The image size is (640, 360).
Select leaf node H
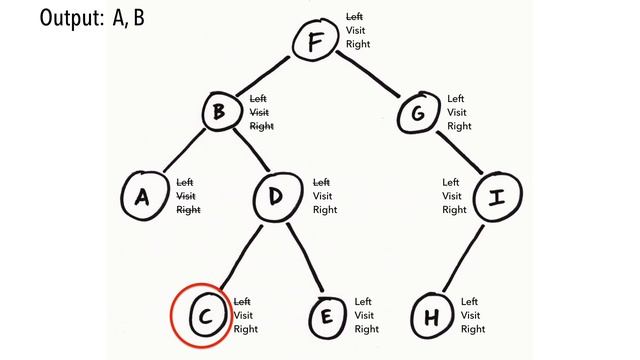(432, 317)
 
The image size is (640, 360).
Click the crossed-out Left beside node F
(355, 17)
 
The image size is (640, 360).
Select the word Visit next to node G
(459, 113)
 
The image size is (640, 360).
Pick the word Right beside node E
(367, 329)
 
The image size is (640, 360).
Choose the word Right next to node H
(473, 329)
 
